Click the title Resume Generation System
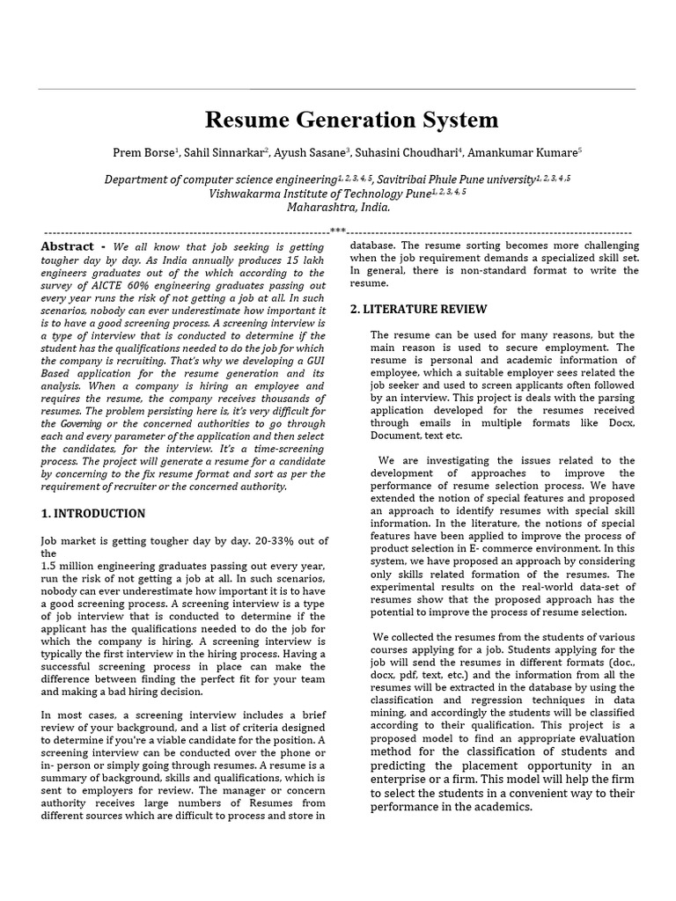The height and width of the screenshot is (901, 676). click(351, 120)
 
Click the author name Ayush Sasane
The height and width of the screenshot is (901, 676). click(309, 152)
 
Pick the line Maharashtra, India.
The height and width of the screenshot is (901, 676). click(338, 208)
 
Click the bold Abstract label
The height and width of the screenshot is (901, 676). click(69, 246)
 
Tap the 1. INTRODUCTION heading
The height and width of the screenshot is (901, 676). click(93, 513)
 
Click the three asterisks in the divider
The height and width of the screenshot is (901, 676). click(338, 231)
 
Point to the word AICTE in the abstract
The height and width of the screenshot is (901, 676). click(107, 285)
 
